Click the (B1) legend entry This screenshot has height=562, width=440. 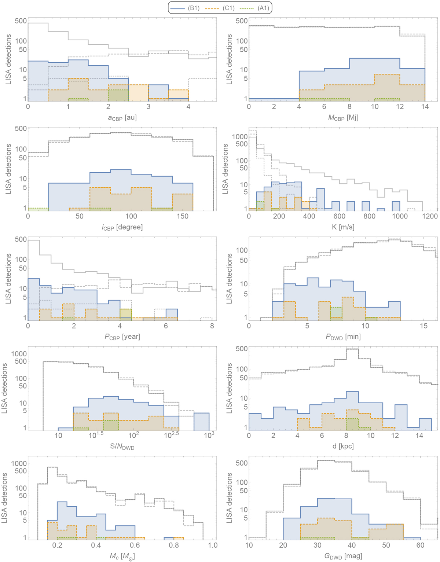point(187,8)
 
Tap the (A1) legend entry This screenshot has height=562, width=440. point(256,8)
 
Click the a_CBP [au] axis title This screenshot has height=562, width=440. point(122,118)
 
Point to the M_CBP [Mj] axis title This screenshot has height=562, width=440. point(343,118)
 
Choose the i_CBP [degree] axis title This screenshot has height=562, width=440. point(122,227)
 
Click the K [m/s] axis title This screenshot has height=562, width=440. point(343,227)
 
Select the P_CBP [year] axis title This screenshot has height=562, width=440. point(122,337)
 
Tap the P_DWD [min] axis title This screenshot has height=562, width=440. point(343,337)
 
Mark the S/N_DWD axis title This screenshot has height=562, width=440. point(122,446)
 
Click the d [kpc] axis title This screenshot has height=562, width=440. point(343,446)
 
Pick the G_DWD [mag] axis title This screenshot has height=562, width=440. point(343,556)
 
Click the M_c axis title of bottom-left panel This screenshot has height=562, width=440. point(122,556)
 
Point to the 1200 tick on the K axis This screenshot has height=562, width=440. point(430,216)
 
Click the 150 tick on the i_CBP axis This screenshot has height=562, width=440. point(182,216)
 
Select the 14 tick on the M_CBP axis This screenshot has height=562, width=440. point(425,107)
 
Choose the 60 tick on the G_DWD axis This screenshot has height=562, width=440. point(420,545)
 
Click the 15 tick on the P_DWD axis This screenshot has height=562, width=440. point(424,326)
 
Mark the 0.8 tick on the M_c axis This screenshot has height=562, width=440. point(174,545)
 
